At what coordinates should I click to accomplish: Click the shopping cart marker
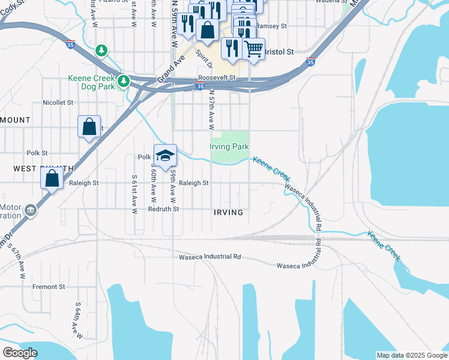(x=253, y=49)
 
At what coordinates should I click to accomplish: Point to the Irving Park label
(x=229, y=147)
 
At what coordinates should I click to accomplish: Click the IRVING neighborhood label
(x=228, y=212)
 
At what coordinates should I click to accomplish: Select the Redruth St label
(x=163, y=209)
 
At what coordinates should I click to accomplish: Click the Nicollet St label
(x=58, y=103)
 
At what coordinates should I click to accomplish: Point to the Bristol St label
(x=279, y=52)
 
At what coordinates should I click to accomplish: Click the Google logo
(x=20, y=353)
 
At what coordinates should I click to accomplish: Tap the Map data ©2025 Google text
(x=411, y=355)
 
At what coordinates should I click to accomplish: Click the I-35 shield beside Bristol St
(x=310, y=62)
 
